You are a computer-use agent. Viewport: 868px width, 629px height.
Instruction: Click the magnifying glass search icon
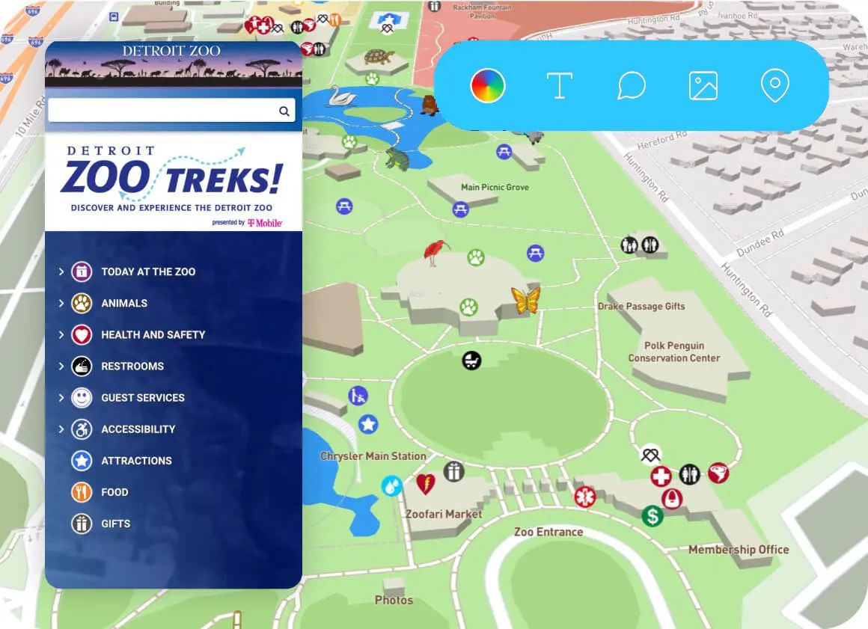(284, 111)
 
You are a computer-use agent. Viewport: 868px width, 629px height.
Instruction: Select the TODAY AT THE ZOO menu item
(147, 271)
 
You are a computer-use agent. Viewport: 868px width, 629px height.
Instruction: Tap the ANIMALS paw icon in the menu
(82, 303)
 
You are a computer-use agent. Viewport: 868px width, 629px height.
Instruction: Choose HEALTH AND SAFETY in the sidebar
(153, 334)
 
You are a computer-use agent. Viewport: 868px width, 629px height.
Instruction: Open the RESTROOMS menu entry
(132, 366)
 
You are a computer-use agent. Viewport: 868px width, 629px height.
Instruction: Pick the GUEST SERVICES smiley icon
(82, 397)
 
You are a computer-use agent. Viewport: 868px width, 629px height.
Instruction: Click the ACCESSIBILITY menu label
(138, 429)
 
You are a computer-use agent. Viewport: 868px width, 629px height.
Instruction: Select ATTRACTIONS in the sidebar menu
(136, 461)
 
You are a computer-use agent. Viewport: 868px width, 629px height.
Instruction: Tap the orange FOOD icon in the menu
(82, 492)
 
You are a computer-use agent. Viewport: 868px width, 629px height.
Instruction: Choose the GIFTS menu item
(115, 524)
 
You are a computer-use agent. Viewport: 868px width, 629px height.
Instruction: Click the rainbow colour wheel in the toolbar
(488, 86)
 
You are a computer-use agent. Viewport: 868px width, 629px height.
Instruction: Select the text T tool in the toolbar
(559, 86)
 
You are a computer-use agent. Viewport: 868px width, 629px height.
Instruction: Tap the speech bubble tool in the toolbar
(631, 86)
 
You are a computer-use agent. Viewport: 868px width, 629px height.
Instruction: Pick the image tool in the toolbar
(703, 86)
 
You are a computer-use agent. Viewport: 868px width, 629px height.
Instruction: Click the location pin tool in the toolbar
(774, 86)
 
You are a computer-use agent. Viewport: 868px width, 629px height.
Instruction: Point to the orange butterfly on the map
(525, 300)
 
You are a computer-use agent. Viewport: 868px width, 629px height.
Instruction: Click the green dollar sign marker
(652, 515)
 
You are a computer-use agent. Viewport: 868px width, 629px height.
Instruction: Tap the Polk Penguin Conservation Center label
(673, 352)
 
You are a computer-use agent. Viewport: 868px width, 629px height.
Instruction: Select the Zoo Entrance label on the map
(548, 532)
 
